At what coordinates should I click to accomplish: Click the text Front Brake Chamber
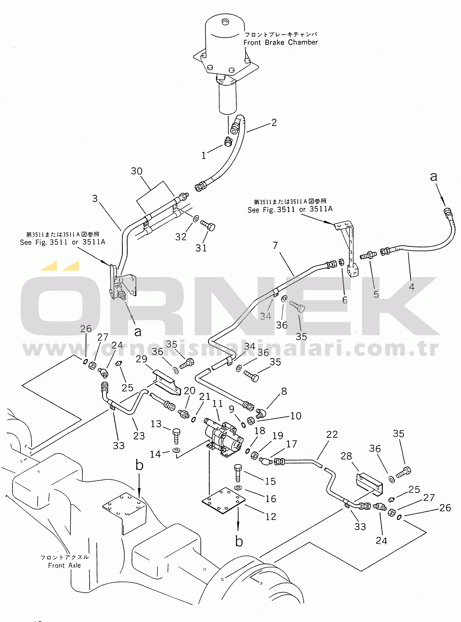pyautogui.click(x=280, y=42)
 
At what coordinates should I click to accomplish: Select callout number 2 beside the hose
pyautogui.click(x=274, y=123)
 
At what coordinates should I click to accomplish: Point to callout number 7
pyautogui.click(x=275, y=245)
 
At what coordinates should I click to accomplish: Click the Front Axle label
pyautogui.click(x=64, y=565)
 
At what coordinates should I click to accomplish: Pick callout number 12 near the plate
pyautogui.click(x=270, y=517)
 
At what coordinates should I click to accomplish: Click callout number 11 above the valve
pyautogui.click(x=217, y=404)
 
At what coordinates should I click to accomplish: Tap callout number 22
pyautogui.click(x=332, y=434)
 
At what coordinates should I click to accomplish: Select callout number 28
pyautogui.click(x=346, y=456)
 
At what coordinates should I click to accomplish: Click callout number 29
pyautogui.click(x=141, y=359)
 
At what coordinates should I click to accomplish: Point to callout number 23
pyautogui.click(x=139, y=436)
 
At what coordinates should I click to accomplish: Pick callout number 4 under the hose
pyautogui.click(x=412, y=287)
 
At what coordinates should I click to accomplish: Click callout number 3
pyautogui.click(x=95, y=198)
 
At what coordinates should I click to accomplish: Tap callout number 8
pyautogui.click(x=284, y=391)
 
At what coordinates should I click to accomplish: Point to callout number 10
pyautogui.click(x=296, y=416)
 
